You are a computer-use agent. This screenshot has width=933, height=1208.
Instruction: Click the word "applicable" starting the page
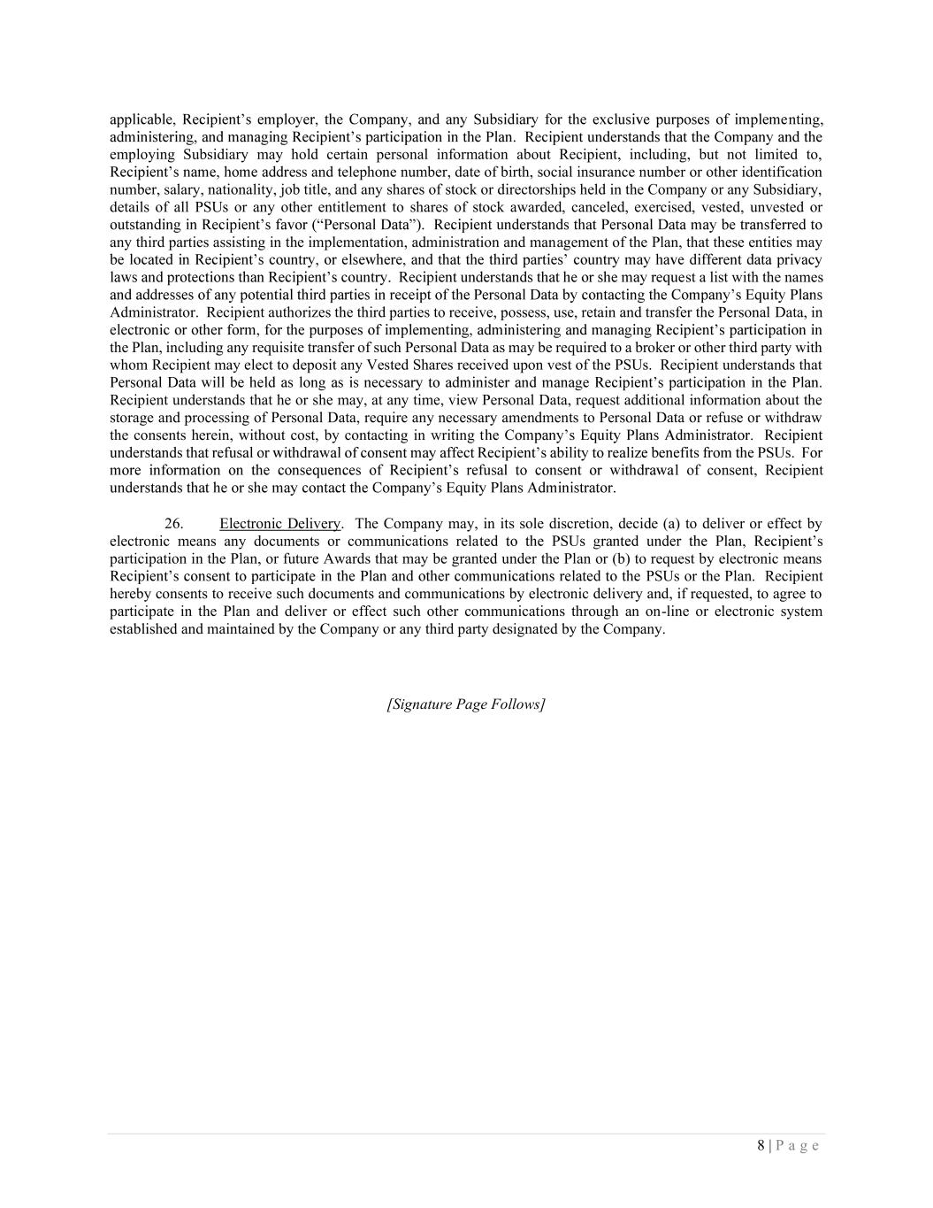(x=141, y=119)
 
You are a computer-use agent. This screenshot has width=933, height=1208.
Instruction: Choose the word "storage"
(x=134, y=418)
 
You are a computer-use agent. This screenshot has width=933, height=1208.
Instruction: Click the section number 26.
(x=173, y=524)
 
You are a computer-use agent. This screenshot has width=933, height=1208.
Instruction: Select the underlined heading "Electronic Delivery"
(x=279, y=524)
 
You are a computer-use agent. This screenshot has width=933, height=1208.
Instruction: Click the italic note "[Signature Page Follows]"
(x=466, y=704)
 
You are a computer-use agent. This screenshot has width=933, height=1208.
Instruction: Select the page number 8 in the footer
(x=761, y=1145)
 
